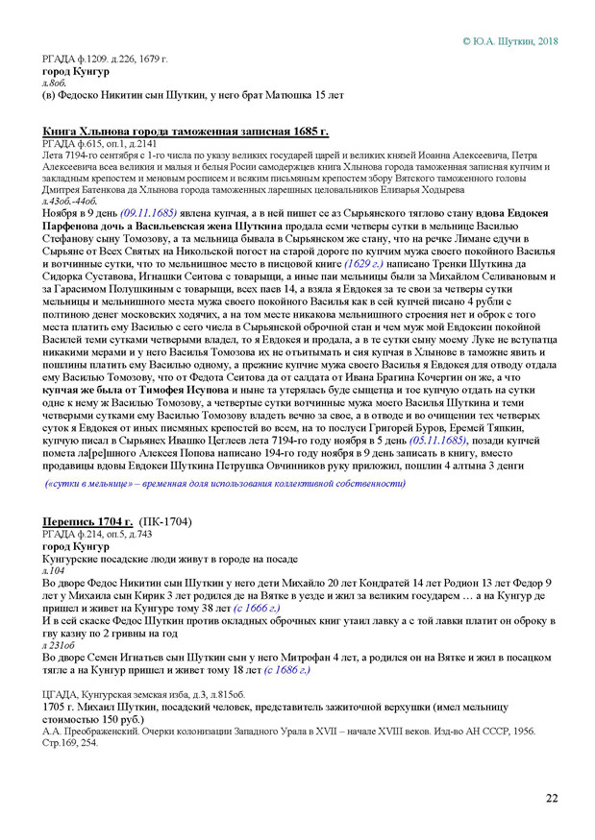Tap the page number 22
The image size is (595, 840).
[552, 799]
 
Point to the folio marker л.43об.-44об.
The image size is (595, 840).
[68, 200]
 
